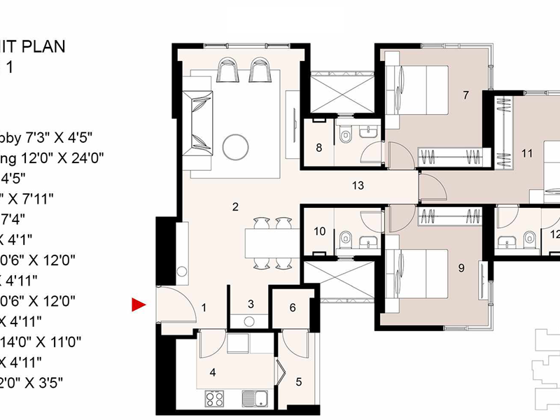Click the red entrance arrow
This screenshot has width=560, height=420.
pos(139,304)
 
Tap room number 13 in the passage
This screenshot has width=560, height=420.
pos(358,185)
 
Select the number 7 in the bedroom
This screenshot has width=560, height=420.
pos(465,94)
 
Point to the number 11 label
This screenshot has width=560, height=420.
pos(527,152)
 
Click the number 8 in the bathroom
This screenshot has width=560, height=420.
pos(318,148)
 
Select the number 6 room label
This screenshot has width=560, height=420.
pos(293,307)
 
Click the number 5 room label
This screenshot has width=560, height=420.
pos(299,382)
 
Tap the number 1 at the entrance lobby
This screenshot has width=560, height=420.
pos(204,307)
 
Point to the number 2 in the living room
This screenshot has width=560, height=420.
pos(236,206)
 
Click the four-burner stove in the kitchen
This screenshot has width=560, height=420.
pos(214,400)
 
